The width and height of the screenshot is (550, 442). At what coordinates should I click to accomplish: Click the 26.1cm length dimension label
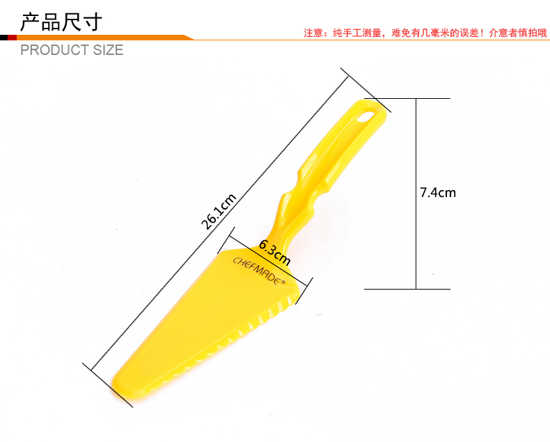(219, 211)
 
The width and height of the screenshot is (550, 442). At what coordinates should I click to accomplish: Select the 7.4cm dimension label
(437, 192)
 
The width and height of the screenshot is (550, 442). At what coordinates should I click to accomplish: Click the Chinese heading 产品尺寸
(61, 21)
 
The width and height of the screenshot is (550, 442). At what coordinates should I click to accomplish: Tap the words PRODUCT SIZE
(72, 50)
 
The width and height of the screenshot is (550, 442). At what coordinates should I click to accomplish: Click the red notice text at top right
(425, 32)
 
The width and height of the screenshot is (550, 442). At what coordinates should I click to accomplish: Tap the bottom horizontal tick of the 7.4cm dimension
(407, 288)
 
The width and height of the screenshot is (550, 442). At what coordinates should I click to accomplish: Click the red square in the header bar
(12, 37)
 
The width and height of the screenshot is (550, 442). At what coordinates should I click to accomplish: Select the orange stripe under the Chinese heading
(104, 37)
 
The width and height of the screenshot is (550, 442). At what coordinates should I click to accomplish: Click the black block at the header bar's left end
(3, 37)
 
